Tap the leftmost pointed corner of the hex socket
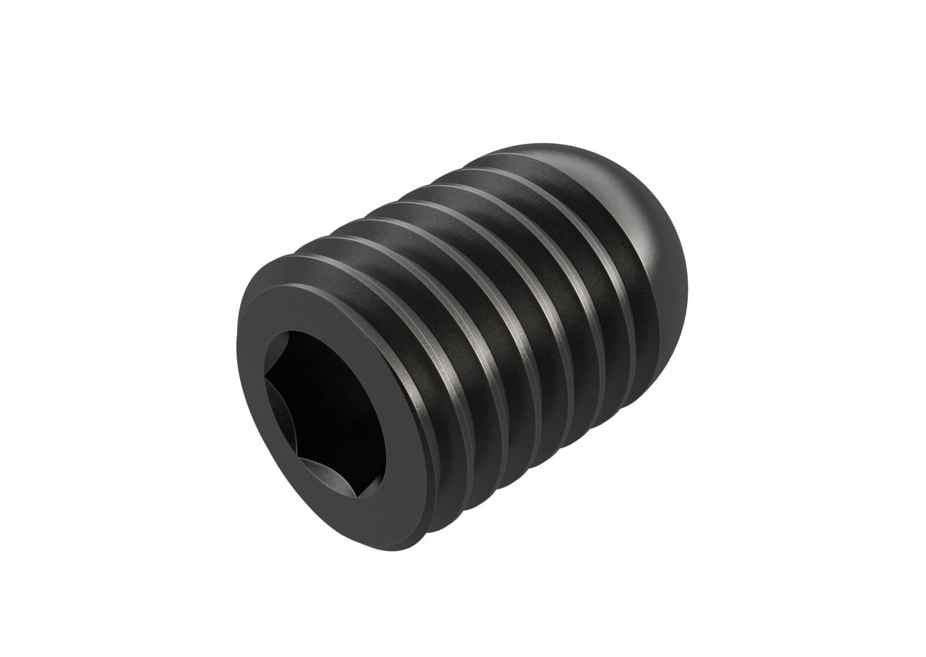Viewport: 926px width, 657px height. coord(265,377)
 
